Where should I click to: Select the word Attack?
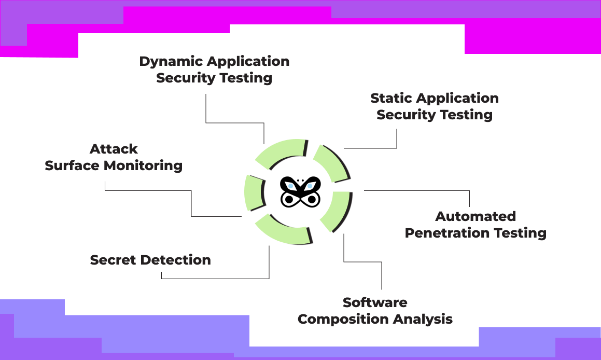114,149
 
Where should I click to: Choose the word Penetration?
442,233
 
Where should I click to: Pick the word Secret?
113,260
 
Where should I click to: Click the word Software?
375,302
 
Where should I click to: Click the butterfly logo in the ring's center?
300,191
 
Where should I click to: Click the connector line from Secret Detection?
215,279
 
